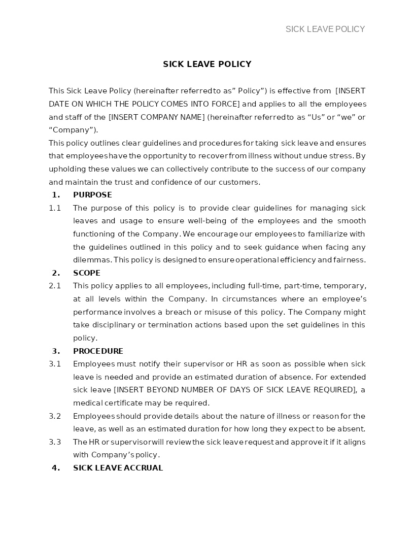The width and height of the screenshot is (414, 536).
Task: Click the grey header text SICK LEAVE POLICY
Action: (325, 29)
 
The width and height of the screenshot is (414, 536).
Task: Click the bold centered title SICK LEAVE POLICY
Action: (207, 64)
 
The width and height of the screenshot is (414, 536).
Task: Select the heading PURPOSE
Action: (92, 195)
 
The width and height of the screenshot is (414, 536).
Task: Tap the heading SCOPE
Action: (87, 273)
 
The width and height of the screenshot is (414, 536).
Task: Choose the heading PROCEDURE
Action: (98, 351)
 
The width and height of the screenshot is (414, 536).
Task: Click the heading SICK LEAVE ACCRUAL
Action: (118, 468)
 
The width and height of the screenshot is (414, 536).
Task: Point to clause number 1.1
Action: (55, 208)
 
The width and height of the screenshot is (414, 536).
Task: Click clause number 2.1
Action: (55, 286)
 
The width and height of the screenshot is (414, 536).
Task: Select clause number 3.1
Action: (55, 364)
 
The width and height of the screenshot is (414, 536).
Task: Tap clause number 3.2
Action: (55, 416)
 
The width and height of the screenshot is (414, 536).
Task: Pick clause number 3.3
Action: (55, 442)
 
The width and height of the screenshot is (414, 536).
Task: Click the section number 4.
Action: (56, 468)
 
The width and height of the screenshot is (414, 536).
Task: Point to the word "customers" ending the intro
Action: (241, 182)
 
